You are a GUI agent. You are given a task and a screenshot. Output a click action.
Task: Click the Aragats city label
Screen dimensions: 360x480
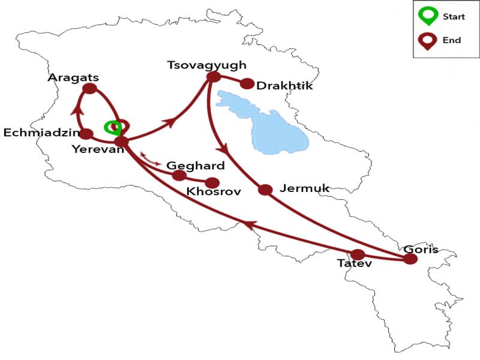coord(74,78)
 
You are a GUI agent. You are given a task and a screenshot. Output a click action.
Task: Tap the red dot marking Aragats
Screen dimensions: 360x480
coord(89,89)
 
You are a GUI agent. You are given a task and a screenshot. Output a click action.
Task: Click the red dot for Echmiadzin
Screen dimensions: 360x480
coord(86,134)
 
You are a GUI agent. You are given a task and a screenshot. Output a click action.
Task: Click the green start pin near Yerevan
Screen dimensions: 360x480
coord(112,127)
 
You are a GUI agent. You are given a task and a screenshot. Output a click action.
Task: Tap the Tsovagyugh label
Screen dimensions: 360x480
coord(206,65)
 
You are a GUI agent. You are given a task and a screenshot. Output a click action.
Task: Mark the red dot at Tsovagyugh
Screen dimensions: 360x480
coord(213,77)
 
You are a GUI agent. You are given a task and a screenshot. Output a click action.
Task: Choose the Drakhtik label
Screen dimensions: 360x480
coord(284,86)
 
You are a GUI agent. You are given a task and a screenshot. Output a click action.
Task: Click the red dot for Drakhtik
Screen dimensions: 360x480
coord(247,83)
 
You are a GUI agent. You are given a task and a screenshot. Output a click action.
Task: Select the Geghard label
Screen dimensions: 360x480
coord(196,166)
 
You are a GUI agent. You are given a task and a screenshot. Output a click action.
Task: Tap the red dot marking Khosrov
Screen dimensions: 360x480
coord(212,183)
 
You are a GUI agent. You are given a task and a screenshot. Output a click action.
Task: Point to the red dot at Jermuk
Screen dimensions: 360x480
coord(266,190)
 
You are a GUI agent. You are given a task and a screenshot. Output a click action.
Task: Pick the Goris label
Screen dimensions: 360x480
coord(421,249)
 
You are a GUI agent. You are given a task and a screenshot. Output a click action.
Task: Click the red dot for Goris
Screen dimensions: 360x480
coord(410,259)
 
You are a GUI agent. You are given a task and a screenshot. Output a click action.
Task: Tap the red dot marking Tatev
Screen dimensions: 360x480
coord(358,254)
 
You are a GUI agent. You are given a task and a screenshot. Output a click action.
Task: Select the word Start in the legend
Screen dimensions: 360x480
coord(453,16)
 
